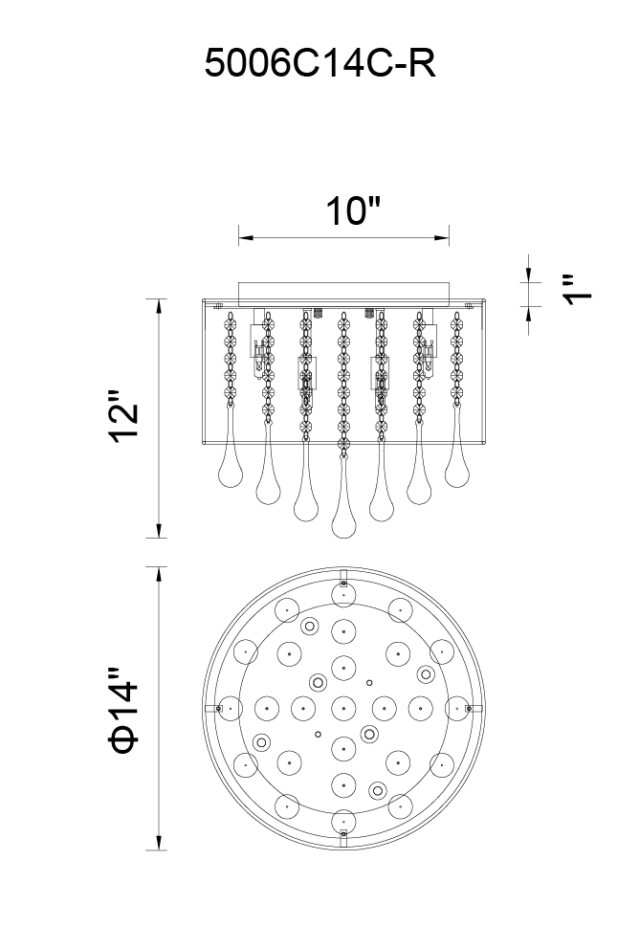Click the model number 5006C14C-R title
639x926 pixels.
pyautogui.click(x=320, y=64)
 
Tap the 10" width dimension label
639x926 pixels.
pyautogui.click(x=353, y=211)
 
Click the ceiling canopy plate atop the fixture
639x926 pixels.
pyautogui.click(x=343, y=290)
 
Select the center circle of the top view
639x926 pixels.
pyautogui.click(x=342, y=708)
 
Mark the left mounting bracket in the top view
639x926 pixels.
pyautogui.click(x=217, y=709)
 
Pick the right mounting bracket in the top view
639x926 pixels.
pyautogui.click(x=469, y=709)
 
